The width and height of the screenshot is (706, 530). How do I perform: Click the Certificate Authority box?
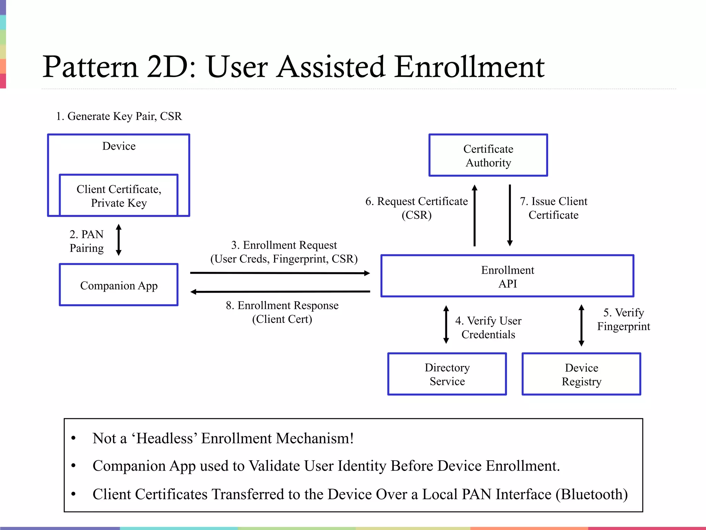pos(488,155)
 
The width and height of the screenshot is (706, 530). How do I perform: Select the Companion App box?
pos(119,285)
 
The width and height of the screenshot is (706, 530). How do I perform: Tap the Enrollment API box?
pos(507,276)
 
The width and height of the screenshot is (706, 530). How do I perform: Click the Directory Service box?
pos(447,374)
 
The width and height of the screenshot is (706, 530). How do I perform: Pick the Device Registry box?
pos(581,374)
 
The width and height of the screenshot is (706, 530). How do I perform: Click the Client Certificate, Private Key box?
pos(119,196)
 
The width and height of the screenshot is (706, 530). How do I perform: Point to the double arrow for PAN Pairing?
pos(119,240)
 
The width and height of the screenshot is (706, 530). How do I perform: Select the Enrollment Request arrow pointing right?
pos(280,273)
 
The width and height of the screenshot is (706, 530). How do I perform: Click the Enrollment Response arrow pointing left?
pos(280,292)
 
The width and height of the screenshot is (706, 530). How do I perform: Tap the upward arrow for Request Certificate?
pos(475,216)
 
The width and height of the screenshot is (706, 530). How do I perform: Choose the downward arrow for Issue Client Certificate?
pos(510,216)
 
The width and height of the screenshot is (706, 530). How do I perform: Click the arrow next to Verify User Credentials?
pos(446,324)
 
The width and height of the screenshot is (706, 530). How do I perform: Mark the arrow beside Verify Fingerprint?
pos(581,325)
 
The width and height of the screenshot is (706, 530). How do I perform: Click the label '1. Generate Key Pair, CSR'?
pos(119,116)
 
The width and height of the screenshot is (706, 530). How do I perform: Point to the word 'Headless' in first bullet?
pos(164,439)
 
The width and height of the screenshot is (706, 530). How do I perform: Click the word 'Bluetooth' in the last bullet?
pos(592,494)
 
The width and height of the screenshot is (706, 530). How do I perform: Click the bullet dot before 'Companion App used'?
pos(73,466)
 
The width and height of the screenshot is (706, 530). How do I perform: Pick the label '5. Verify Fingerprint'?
pos(623,319)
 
